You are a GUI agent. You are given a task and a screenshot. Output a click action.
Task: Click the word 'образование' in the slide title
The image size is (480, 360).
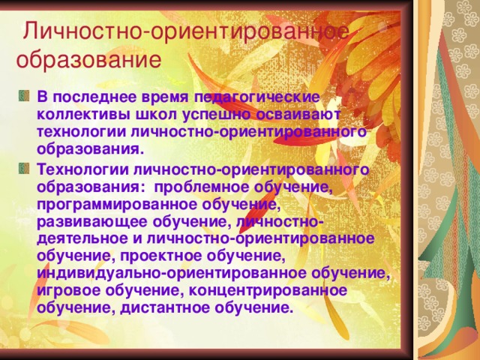point(88,59)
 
